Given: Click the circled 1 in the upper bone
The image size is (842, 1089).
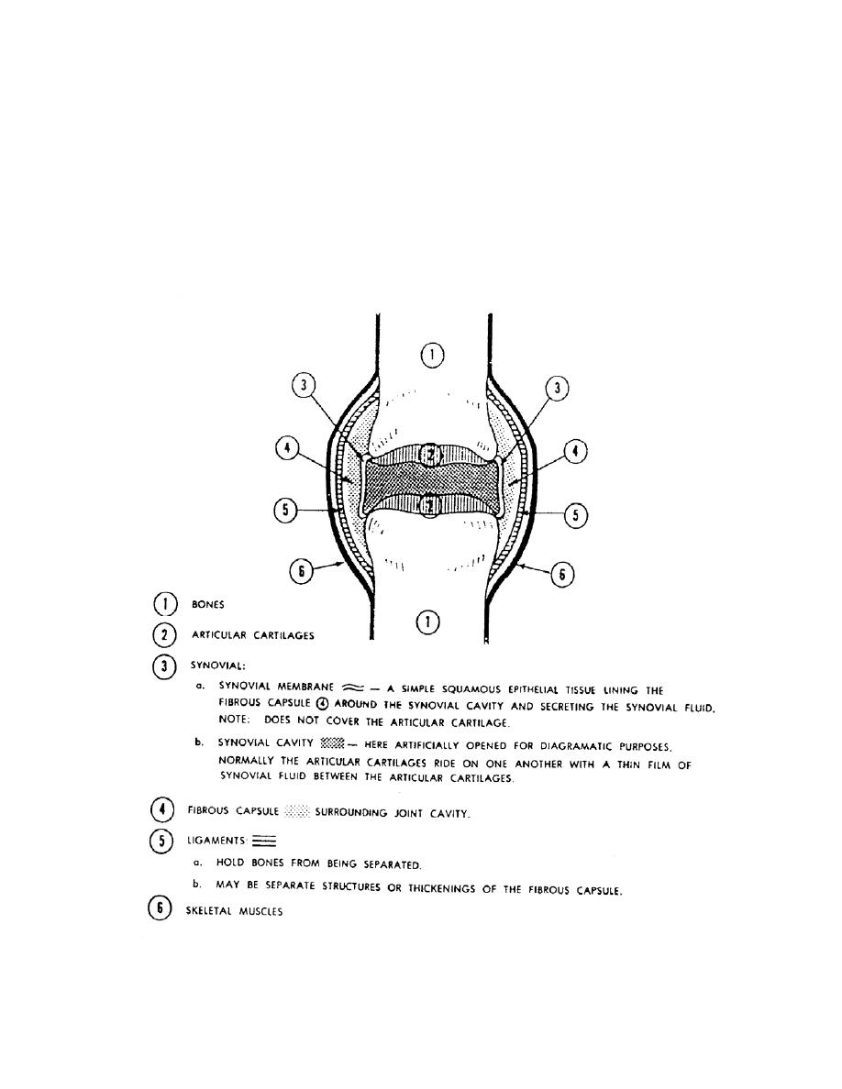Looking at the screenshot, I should coord(434,354).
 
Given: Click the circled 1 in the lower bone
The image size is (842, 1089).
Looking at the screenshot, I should coord(427,622).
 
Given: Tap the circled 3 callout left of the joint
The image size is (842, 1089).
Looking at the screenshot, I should coord(303,387).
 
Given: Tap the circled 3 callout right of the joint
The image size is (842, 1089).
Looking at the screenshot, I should coord(556,389).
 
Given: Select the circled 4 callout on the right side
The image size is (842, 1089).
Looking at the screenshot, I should coord(575,452).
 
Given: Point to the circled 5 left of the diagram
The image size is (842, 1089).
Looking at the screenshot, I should coord(287,511).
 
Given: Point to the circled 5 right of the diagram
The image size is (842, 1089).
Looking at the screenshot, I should coord(575,516).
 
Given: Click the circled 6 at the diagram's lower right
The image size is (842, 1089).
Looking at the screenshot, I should coord(562,575).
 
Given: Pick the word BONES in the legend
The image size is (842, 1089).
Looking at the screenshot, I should coord(207,605).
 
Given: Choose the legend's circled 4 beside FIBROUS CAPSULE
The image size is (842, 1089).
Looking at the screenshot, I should coord(162,811).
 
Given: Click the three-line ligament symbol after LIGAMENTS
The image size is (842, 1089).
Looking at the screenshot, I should coord(264,841).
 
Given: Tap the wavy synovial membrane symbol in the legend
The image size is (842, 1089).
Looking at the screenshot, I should coord(352,688).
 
